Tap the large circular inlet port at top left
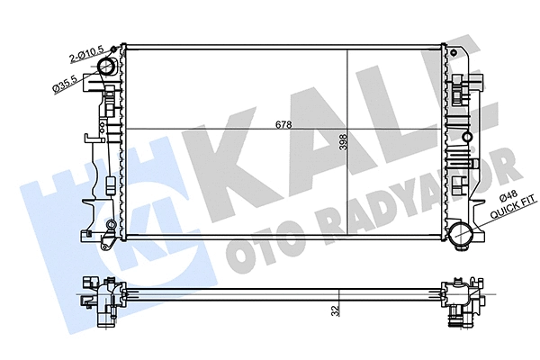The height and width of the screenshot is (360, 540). (x=108, y=68)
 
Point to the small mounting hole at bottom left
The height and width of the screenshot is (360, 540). (x=110, y=224)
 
